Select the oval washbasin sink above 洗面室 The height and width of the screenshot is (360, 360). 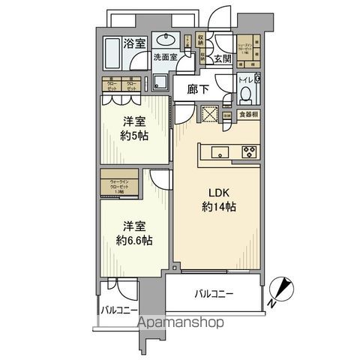(164, 40)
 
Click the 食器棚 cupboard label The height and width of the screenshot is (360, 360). (248, 115)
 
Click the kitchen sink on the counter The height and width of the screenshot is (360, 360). (220, 153)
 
